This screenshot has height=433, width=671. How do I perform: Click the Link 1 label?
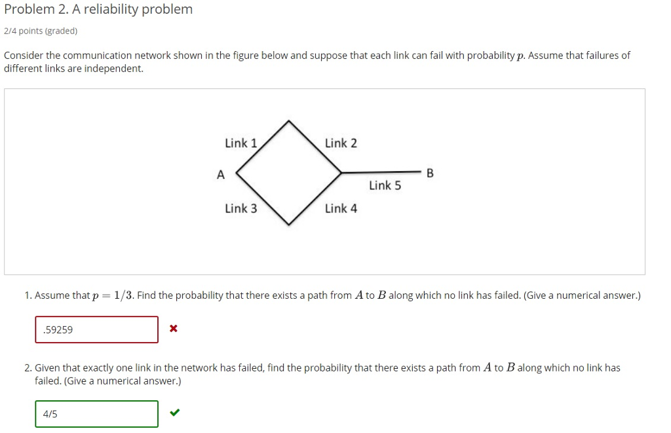click(240, 143)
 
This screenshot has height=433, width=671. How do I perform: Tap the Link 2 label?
click(341, 143)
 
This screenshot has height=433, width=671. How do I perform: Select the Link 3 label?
click(240, 208)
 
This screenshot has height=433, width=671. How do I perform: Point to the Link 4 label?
click(341, 208)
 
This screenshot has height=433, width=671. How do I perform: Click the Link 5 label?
click(385, 185)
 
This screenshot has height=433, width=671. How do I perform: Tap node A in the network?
click(221, 174)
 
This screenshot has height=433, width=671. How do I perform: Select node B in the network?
click(430, 174)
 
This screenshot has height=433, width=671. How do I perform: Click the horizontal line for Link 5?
click(380, 172)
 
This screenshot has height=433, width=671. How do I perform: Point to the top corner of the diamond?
click(289, 121)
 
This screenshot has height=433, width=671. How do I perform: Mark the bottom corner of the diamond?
click(289, 225)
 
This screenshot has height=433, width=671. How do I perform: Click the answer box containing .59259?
click(96, 329)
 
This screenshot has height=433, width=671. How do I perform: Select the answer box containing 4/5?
click(96, 414)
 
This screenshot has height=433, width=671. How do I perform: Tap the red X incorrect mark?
click(173, 328)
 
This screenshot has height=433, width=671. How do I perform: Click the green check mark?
click(174, 413)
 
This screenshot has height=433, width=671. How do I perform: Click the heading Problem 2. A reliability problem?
click(98, 9)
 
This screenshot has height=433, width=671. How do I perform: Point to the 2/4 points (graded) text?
click(41, 31)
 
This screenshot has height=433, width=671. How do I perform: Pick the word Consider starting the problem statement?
click(24, 56)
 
